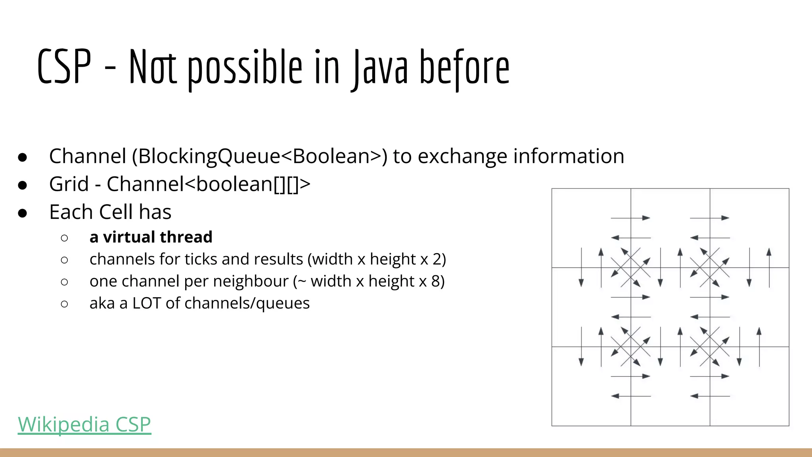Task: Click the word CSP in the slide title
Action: tap(64, 67)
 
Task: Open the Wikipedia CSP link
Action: tap(84, 424)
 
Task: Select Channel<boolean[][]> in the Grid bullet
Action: tap(208, 184)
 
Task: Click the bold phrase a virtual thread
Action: tap(151, 237)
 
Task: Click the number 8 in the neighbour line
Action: tap(435, 281)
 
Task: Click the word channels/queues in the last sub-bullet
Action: tap(247, 303)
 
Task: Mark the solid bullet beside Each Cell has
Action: tap(23, 213)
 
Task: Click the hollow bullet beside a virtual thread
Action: tap(65, 238)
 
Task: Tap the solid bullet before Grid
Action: tap(23, 185)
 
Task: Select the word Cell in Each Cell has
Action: tap(116, 212)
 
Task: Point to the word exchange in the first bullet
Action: tap(462, 156)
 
